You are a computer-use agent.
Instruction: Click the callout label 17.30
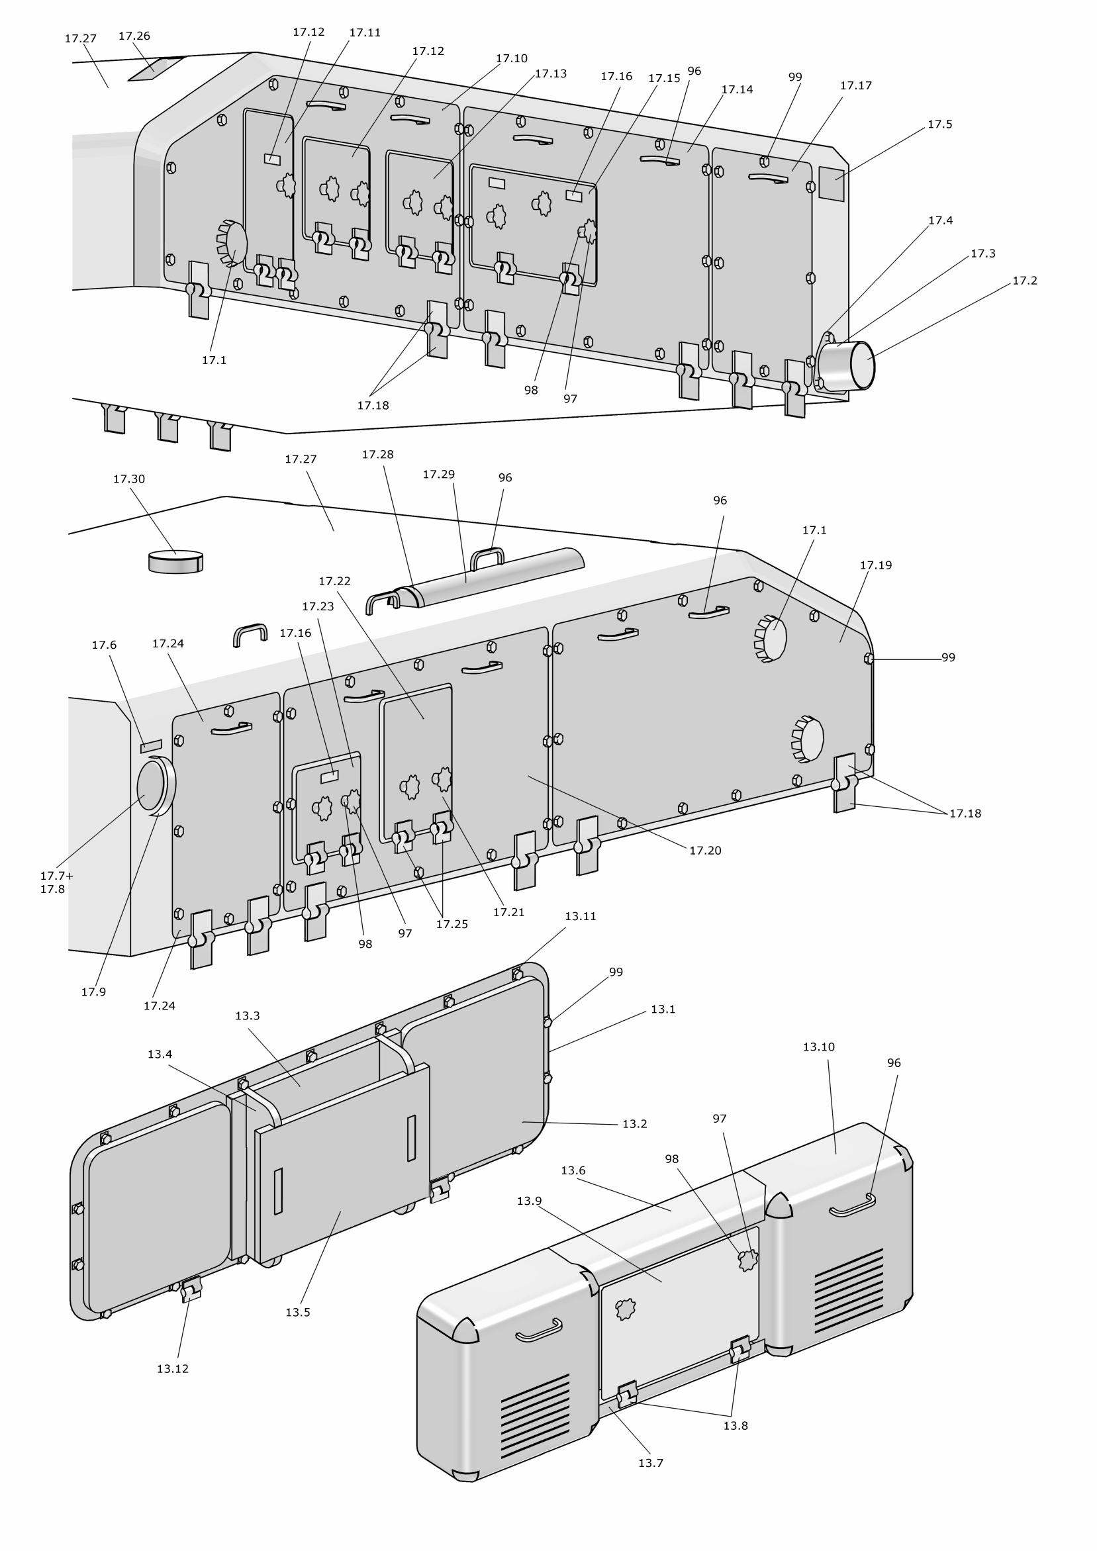click(x=128, y=479)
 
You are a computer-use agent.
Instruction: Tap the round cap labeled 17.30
click(x=175, y=561)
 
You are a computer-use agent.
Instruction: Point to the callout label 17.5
click(x=939, y=124)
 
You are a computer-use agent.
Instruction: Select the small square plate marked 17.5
click(x=832, y=183)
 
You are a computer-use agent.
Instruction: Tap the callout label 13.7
click(x=651, y=1462)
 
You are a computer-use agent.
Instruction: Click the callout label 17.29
click(x=438, y=474)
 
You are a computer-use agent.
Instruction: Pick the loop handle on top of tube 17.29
click(x=487, y=557)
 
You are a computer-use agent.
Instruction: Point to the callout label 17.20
click(x=704, y=851)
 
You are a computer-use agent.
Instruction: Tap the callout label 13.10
click(x=818, y=1047)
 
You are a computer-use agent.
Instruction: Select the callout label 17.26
click(x=134, y=36)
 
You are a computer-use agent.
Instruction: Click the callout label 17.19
click(x=875, y=565)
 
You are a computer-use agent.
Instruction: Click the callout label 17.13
click(x=551, y=73)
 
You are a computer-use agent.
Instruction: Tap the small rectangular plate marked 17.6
click(x=151, y=746)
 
